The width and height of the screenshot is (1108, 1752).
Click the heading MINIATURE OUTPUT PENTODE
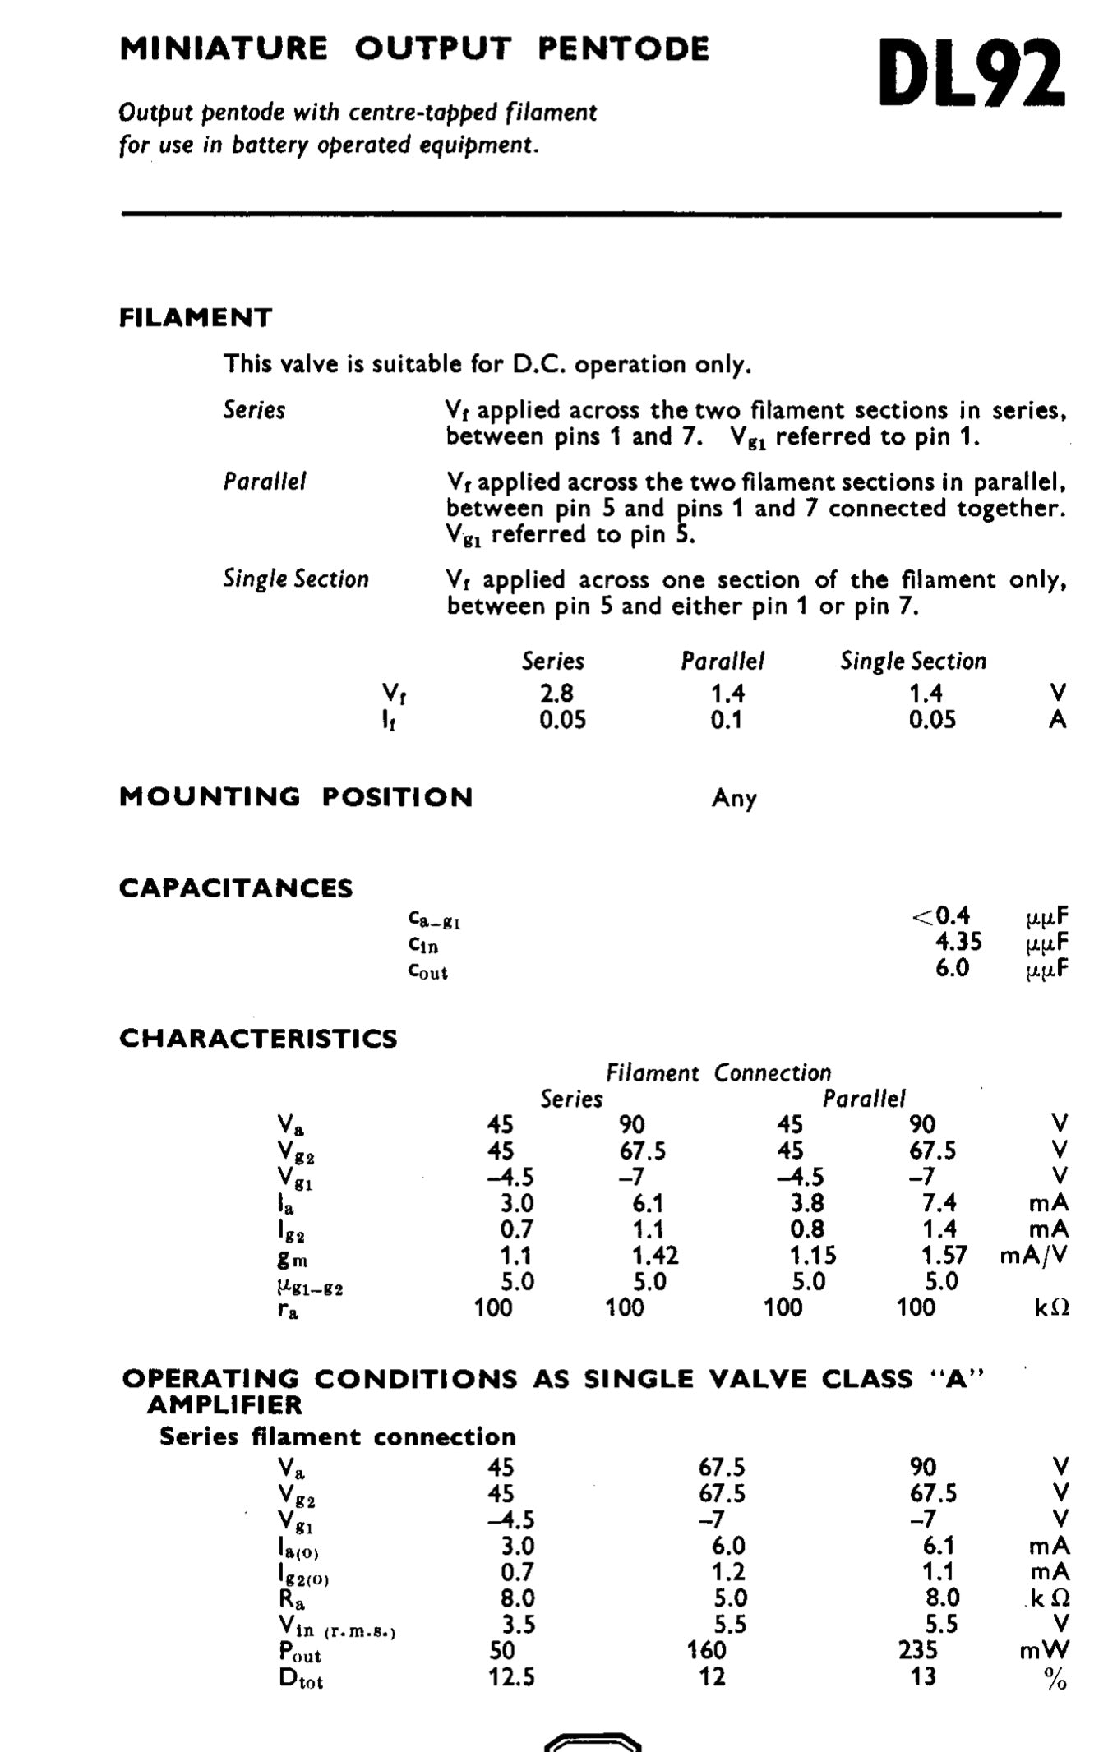414,49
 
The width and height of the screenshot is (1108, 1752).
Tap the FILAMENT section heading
196,318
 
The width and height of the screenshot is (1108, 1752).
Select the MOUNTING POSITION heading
296,797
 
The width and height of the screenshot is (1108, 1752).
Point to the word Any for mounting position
734,798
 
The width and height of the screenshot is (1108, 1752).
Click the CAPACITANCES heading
236,888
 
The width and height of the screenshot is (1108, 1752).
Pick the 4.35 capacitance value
958,942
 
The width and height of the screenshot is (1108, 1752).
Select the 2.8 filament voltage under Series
556,694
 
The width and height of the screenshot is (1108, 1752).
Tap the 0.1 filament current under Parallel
726,721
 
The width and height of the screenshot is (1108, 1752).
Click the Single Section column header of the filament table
912,662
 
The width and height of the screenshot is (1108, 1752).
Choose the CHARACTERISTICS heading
258,1039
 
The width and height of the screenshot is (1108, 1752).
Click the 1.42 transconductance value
655,1256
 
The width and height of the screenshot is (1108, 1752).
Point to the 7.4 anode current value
939,1203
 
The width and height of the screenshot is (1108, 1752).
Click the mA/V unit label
1034,1256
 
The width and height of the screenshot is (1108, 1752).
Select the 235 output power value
917,1650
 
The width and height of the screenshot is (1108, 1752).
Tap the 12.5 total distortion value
511,1676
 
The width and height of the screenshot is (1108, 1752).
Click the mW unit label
1044,1650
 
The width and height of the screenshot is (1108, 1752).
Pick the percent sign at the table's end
1055,1679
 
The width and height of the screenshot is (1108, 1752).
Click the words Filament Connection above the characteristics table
718,1073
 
